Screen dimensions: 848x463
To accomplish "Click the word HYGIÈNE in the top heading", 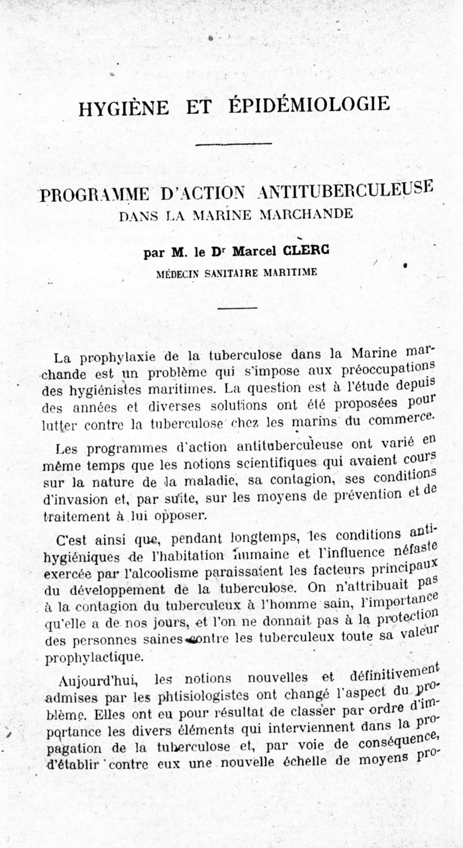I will pos(123,108).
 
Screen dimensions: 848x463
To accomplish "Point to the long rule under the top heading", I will pos(234,144).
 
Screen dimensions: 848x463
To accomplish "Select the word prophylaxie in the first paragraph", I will pos(112,357).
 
